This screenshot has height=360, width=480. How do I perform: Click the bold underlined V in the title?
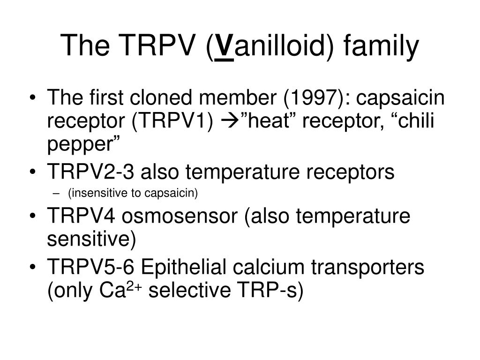[x=225, y=46]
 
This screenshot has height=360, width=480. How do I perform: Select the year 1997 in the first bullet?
[x=315, y=97]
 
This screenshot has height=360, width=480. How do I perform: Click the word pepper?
[x=80, y=144]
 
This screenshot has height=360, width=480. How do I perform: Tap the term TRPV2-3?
[x=90, y=172]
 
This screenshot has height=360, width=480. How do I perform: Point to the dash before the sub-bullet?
[x=55, y=194]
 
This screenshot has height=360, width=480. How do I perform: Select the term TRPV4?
[x=81, y=216]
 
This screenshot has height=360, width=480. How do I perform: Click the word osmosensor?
[x=180, y=216]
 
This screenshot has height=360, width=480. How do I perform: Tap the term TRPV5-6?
[x=90, y=267]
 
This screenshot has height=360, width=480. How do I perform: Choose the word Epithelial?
[x=183, y=267]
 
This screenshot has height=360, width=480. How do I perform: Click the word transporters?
[x=367, y=267]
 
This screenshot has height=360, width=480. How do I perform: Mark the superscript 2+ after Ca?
[x=134, y=286]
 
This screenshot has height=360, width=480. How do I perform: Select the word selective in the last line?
[x=190, y=290]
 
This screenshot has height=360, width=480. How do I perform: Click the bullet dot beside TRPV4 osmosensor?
[x=33, y=216]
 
